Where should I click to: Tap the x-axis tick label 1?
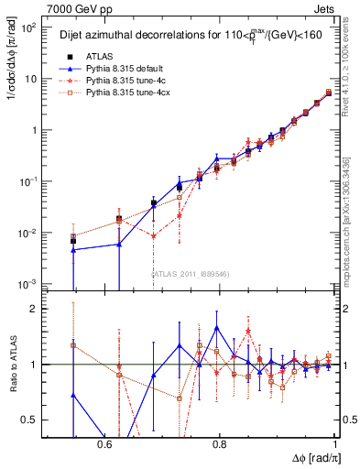[x=334, y=443]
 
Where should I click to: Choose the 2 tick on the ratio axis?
[x=33, y=310]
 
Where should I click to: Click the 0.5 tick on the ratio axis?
[x=29, y=420]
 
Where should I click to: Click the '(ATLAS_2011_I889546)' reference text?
[x=190, y=274]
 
